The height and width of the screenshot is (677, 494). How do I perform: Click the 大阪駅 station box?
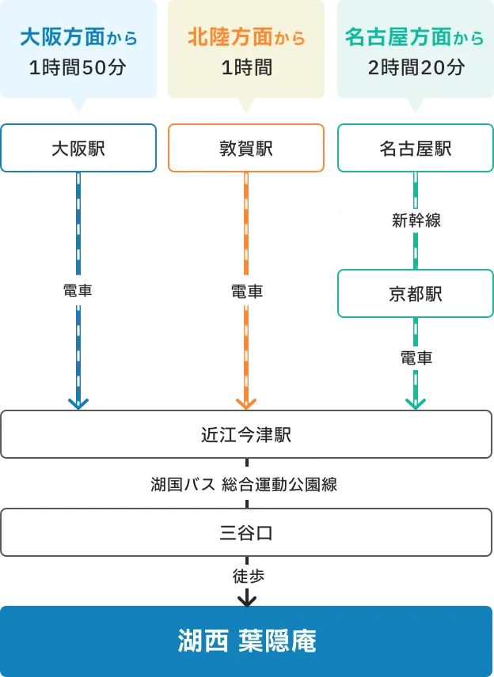pos(78,148)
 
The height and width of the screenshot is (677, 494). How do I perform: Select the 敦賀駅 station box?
pos(246,148)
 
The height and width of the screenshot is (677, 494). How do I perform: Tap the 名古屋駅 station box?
pos(415,148)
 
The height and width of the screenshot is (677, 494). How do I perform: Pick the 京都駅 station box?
pos(415,294)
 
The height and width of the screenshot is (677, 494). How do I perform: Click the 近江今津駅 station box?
pos(246,434)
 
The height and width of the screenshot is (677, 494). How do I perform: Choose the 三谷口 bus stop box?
pos(246,532)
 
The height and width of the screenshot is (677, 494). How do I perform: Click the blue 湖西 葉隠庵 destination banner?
pos(246,641)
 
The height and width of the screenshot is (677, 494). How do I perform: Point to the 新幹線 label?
pos(416,221)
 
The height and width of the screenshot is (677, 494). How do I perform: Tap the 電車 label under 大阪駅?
pos(78,291)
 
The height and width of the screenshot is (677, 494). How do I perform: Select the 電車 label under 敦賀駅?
pos(246,291)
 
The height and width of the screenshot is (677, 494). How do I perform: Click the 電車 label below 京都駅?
pos(416,358)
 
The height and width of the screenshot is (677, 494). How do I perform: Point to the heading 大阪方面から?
pos(78,37)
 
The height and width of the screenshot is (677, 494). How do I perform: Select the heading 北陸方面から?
pos(246,37)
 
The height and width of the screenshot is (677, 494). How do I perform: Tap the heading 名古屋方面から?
pos(415,37)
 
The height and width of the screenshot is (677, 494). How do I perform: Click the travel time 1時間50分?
pos(78,68)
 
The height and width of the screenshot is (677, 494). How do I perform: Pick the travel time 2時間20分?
pos(416,68)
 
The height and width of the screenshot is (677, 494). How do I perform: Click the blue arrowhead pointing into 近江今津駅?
pos(78,403)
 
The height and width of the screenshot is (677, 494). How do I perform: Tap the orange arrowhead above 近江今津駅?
pos(246,403)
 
